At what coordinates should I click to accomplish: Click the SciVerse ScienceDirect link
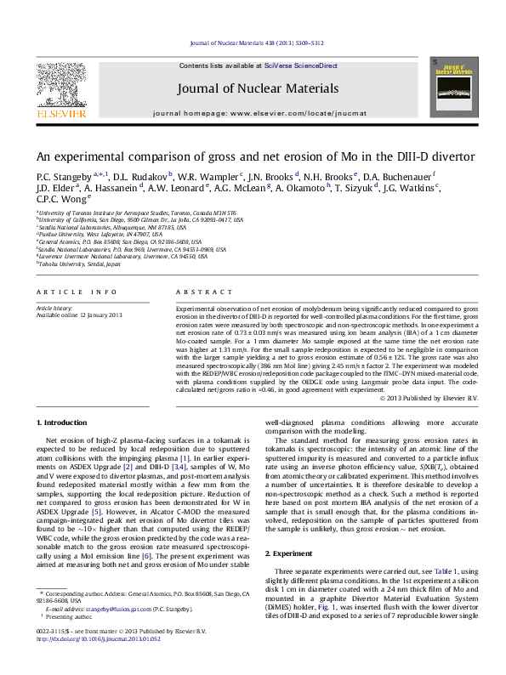pos(300,65)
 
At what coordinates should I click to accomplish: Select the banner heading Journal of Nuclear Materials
pos(253,88)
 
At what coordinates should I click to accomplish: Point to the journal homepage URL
pos(253,112)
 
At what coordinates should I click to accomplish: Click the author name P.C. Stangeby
pos(62,176)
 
